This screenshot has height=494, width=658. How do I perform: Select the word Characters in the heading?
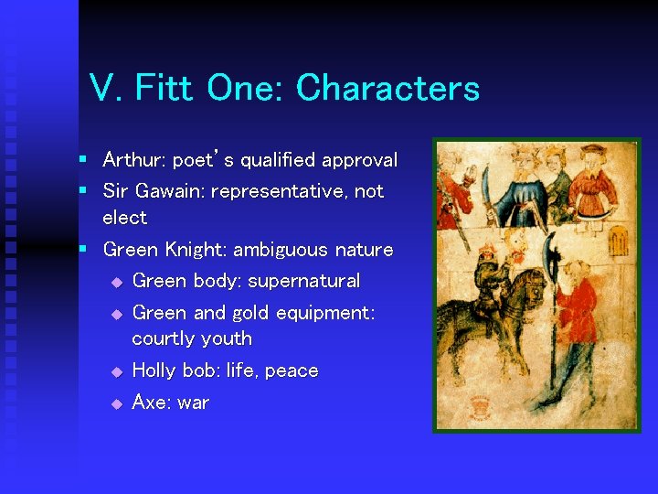[x=387, y=89]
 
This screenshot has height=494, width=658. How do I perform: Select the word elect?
[x=124, y=218]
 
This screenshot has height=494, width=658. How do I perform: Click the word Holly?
[x=156, y=370]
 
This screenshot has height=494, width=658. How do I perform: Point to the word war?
[x=194, y=403]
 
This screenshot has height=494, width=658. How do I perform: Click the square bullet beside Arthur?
[x=82, y=160]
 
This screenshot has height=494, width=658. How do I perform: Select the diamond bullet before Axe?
[x=116, y=403]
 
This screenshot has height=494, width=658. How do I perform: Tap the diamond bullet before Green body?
[x=116, y=282]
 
